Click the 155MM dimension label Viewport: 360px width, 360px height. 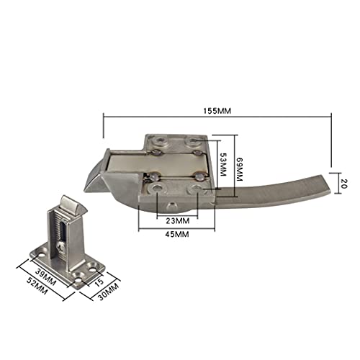(217, 111)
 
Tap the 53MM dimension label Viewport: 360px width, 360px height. (223, 164)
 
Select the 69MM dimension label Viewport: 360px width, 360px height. (240, 169)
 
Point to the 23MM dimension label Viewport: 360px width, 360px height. (178, 220)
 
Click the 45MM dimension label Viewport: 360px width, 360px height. (177, 234)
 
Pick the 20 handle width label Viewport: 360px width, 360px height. (344, 183)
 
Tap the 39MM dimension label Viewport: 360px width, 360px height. (45, 276)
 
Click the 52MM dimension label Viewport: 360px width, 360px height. (37, 286)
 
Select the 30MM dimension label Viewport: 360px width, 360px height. (109, 292)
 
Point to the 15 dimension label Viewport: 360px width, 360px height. (99, 282)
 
